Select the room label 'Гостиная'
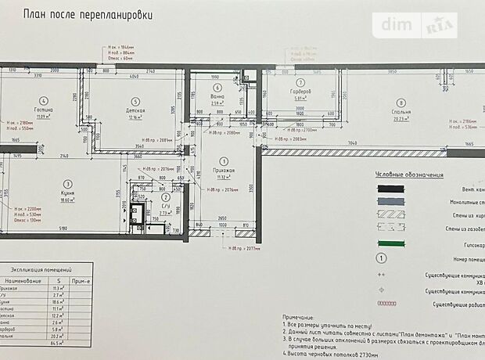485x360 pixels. click(x=43, y=110)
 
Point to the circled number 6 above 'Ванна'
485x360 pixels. click(x=218, y=88)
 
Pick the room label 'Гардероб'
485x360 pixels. click(x=300, y=91)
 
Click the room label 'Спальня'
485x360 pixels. click(x=401, y=112)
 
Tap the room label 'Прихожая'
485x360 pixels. click(x=223, y=170)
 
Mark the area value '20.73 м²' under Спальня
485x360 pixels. click(x=401, y=120)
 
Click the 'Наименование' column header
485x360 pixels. click(x=23, y=279)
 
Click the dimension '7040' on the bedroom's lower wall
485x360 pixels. click(x=352, y=144)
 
